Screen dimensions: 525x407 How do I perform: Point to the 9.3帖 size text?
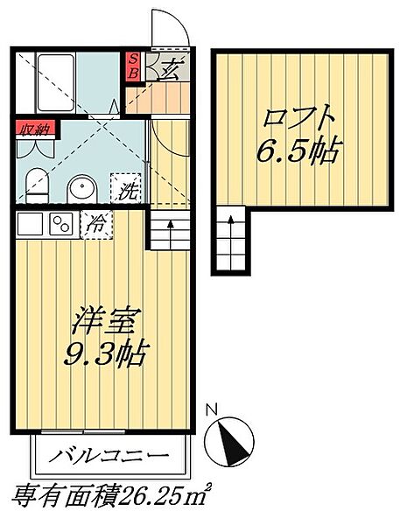tap(106, 354)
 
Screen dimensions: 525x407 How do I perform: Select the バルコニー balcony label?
tap(109, 457)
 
